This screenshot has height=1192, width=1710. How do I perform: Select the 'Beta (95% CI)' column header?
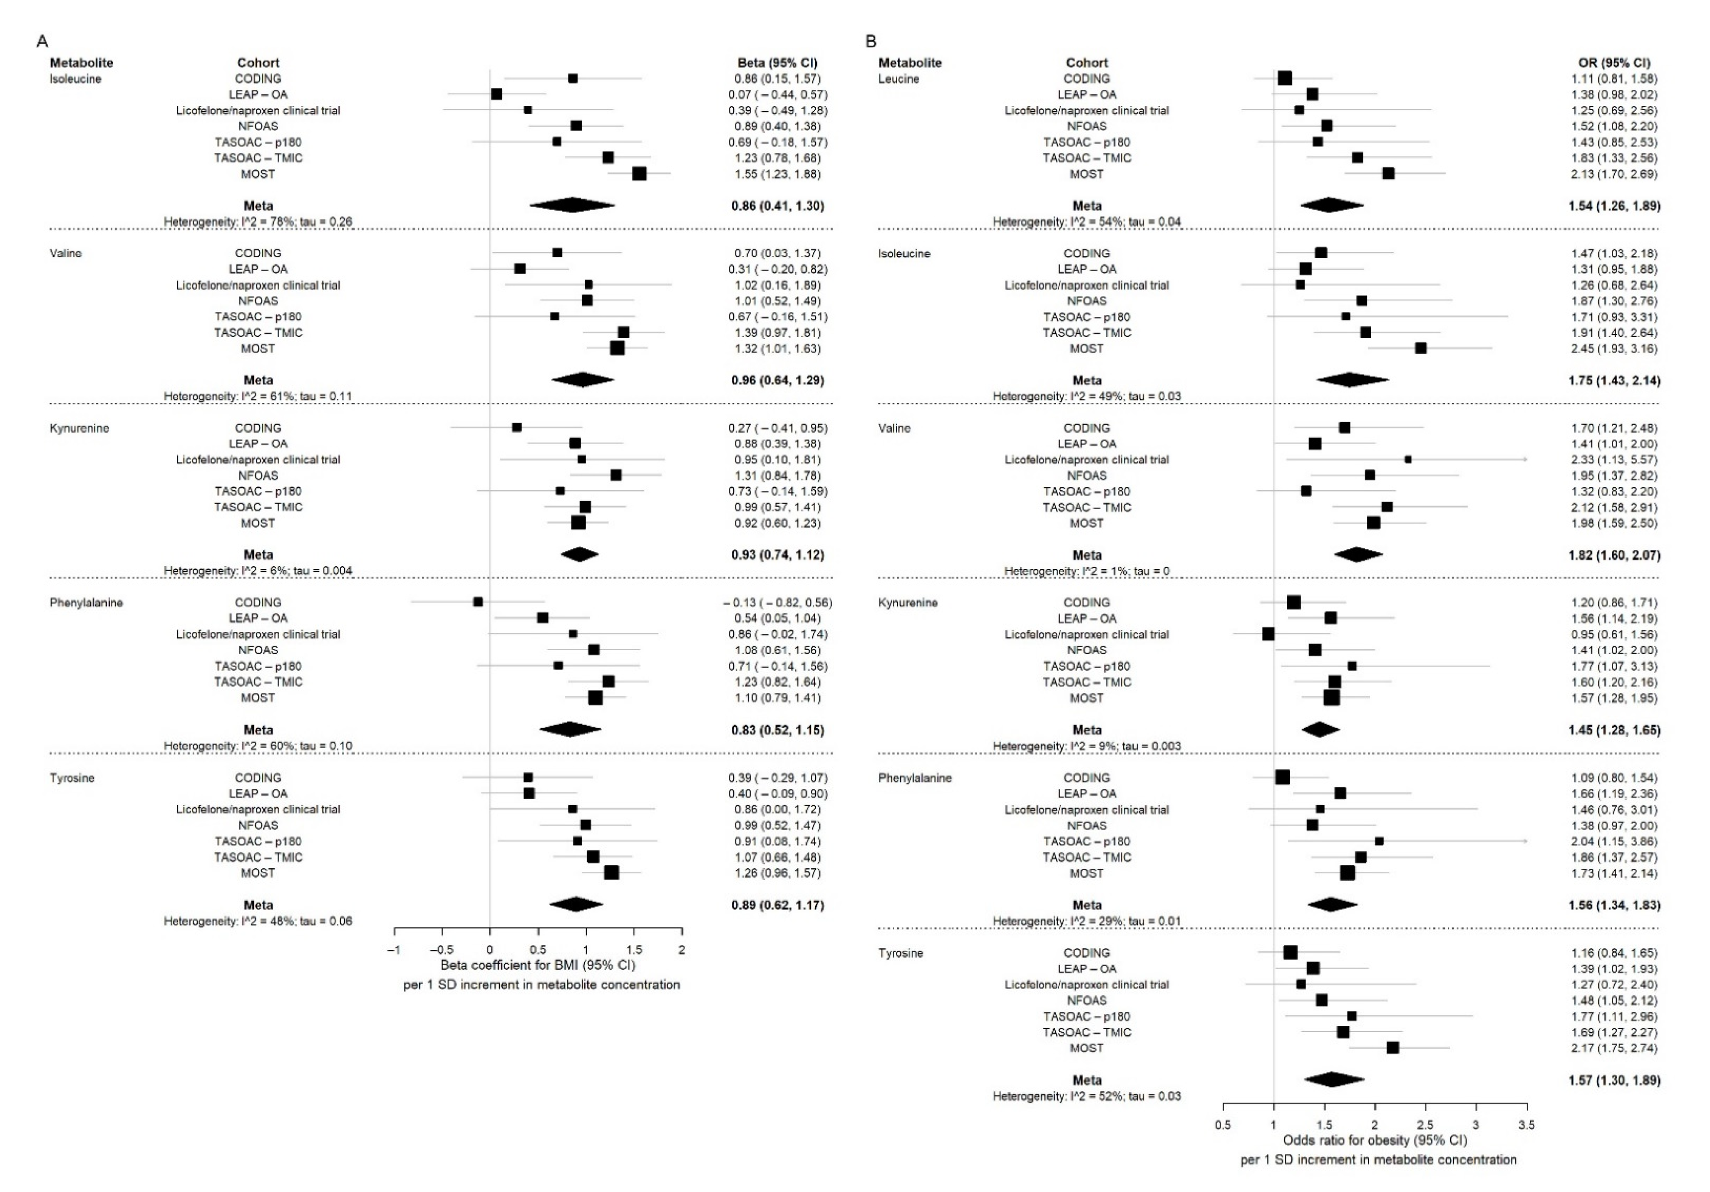(777, 62)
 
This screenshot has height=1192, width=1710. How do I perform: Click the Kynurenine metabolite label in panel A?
(79, 428)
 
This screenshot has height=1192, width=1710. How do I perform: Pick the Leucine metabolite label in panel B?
(899, 79)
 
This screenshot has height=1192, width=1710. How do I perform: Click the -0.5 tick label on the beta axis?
(442, 950)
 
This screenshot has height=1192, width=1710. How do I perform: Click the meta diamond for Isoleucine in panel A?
(572, 206)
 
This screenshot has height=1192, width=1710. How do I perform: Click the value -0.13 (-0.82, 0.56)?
(777, 602)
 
